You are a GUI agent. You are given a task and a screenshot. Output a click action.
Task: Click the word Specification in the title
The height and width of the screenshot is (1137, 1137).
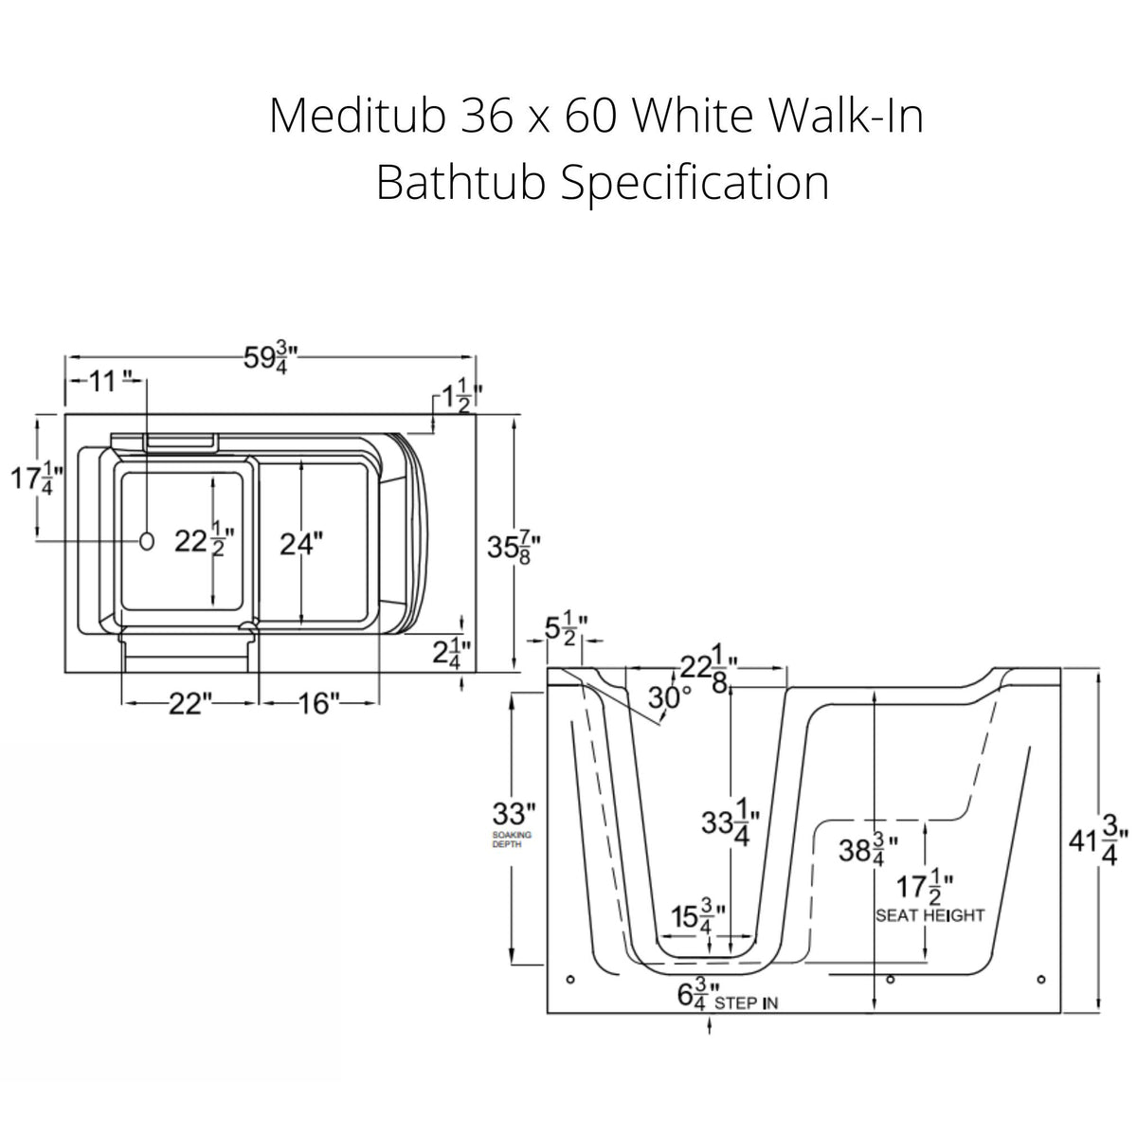[x=695, y=182]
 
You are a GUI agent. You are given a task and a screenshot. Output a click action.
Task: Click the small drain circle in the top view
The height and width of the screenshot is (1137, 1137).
[x=147, y=540]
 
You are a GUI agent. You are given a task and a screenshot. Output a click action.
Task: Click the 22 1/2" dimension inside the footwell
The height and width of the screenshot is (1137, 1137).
[x=203, y=541]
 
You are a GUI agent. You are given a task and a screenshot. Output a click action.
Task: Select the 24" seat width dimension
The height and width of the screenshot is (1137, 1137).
[x=301, y=543]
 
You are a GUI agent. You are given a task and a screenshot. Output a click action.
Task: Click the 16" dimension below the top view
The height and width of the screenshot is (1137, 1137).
[x=318, y=703]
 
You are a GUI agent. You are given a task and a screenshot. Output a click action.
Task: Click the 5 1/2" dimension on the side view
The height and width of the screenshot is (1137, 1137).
[x=567, y=630]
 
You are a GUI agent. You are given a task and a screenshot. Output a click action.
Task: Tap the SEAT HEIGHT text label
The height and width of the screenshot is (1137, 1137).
[x=929, y=915]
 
